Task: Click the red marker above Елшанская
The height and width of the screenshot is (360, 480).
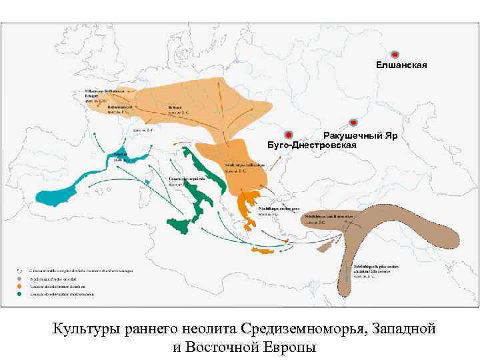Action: (x=394, y=53)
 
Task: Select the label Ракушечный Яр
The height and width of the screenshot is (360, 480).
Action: (x=361, y=135)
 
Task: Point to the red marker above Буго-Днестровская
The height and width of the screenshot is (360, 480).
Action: (x=288, y=134)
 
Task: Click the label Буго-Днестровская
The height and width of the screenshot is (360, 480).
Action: (x=311, y=145)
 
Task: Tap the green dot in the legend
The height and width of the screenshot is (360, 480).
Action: (x=21, y=294)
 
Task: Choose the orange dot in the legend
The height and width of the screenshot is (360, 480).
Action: (x=21, y=286)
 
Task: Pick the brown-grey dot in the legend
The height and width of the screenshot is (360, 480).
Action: (x=21, y=278)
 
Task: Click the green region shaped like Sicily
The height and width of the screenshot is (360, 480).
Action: (x=178, y=225)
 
